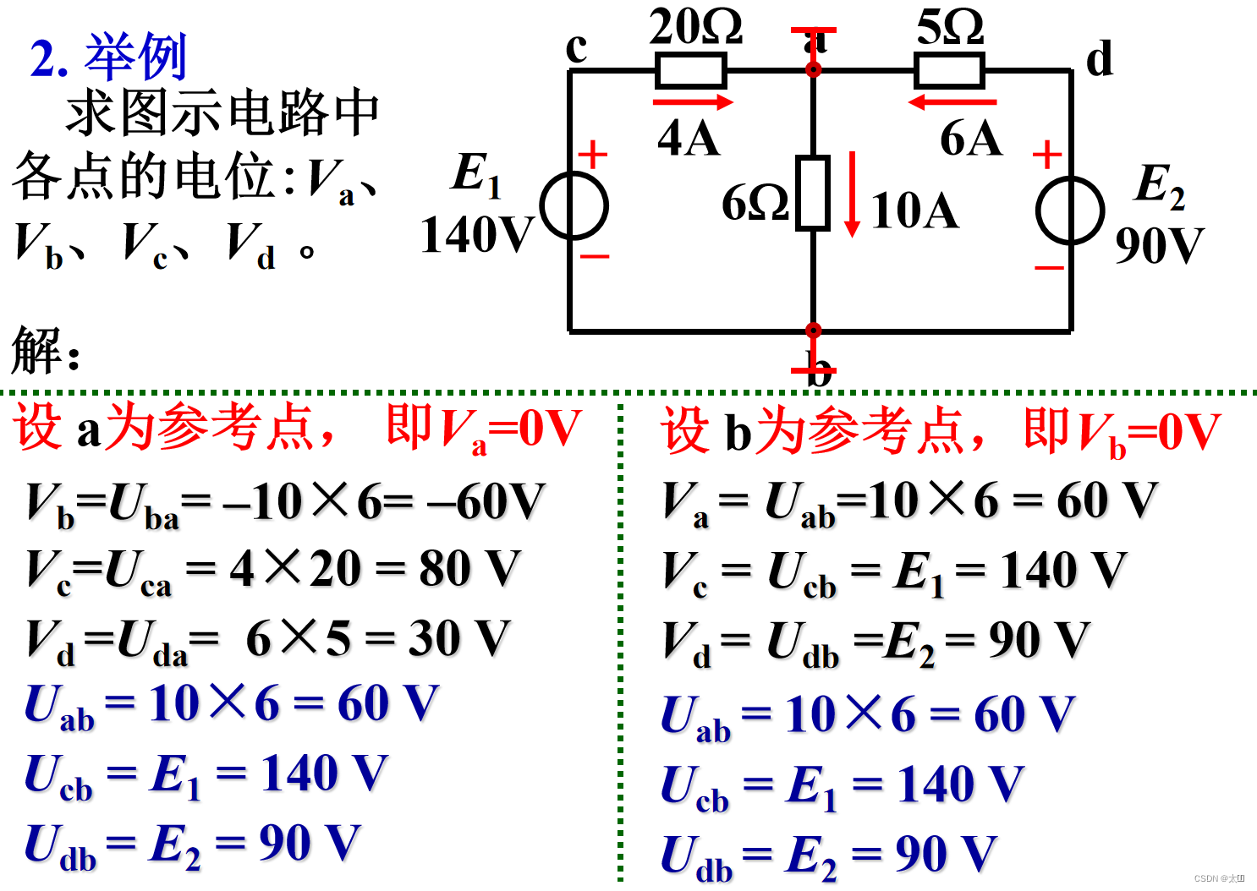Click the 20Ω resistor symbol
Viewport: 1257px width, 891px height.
pos(690,70)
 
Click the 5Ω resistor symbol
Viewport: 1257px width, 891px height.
pos(949,70)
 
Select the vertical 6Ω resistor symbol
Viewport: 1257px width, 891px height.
pos(813,193)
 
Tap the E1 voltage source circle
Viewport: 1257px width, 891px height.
pos(574,205)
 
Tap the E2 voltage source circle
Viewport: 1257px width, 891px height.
pos(1070,210)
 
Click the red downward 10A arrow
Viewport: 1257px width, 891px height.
pos(853,194)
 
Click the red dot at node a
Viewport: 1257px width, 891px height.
pos(813,69)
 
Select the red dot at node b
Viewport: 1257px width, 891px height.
pos(813,330)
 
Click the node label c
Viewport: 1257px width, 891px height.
pos(576,47)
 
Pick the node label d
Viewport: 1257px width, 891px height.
pos(1099,59)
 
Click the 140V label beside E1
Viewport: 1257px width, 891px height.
pos(476,235)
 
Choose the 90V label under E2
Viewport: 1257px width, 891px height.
pos(1159,246)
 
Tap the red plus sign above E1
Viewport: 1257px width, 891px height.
pos(593,155)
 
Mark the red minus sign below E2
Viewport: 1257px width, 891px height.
pos(1049,268)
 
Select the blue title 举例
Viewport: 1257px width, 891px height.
pos(135,57)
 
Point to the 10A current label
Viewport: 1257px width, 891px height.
pos(914,210)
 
